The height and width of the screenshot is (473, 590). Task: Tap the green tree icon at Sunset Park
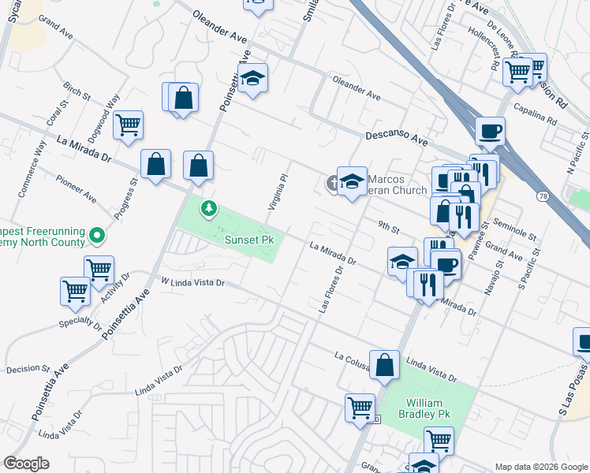point(209,209)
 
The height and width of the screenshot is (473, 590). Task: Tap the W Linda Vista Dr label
point(192,281)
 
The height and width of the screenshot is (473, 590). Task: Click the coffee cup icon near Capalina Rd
point(490,129)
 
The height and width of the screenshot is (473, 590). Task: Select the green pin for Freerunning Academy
point(97,235)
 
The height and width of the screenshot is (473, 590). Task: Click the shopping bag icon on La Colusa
point(383,365)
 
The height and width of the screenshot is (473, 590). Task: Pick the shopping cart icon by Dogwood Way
point(128,125)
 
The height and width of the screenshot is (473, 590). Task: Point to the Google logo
point(27,464)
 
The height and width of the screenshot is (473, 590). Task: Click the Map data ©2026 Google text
point(540,467)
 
